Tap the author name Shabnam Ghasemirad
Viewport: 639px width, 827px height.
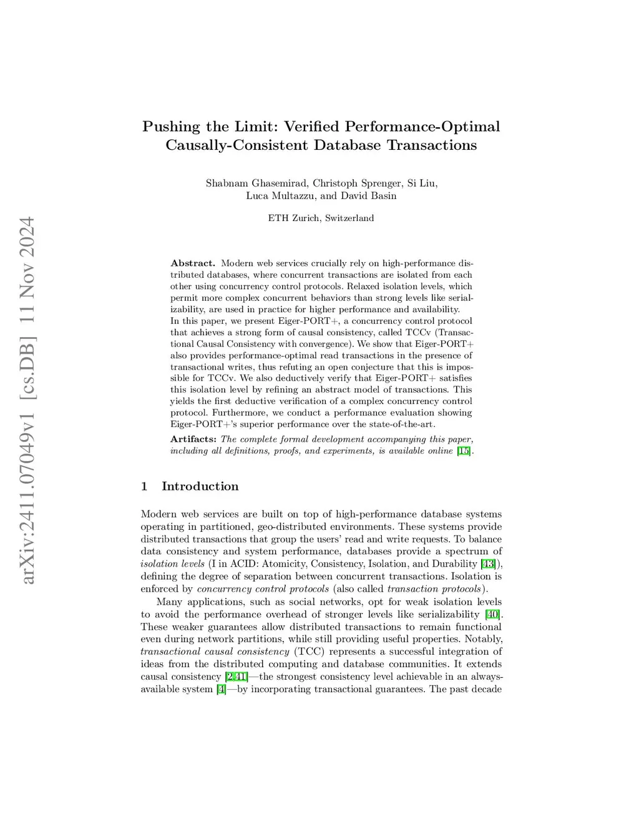point(256,183)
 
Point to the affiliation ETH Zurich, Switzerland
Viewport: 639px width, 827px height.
point(321,218)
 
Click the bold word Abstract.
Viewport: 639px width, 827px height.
point(193,263)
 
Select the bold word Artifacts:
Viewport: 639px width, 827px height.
point(193,439)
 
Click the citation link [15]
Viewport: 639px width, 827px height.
point(464,451)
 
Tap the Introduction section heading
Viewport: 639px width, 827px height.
point(200,486)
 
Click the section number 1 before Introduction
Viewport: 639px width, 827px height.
point(144,486)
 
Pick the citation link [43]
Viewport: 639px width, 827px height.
point(489,564)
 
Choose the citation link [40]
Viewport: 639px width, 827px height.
point(492,614)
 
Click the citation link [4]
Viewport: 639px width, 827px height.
point(221,689)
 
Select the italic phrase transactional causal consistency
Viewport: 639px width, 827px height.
point(215,652)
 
